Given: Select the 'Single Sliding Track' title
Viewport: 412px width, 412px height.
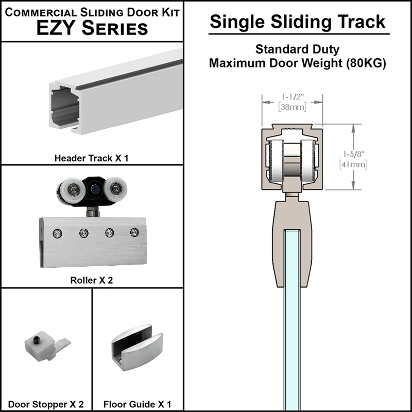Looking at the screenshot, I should click(x=298, y=22).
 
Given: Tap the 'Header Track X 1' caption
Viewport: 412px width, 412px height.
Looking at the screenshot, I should click(x=91, y=158).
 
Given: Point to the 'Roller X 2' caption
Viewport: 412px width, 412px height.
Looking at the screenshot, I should click(x=91, y=281).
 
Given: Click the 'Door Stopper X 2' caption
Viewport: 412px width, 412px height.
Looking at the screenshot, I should click(x=46, y=404).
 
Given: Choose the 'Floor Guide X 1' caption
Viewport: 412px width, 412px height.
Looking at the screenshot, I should click(x=137, y=404).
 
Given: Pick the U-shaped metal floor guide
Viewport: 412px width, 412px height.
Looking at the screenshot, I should click(x=136, y=347).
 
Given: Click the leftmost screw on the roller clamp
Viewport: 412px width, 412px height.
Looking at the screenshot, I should click(x=56, y=234).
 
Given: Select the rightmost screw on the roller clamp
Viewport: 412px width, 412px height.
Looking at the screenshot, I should click(x=135, y=232).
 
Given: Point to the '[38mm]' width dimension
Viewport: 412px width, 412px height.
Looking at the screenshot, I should click(x=292, y=107).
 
